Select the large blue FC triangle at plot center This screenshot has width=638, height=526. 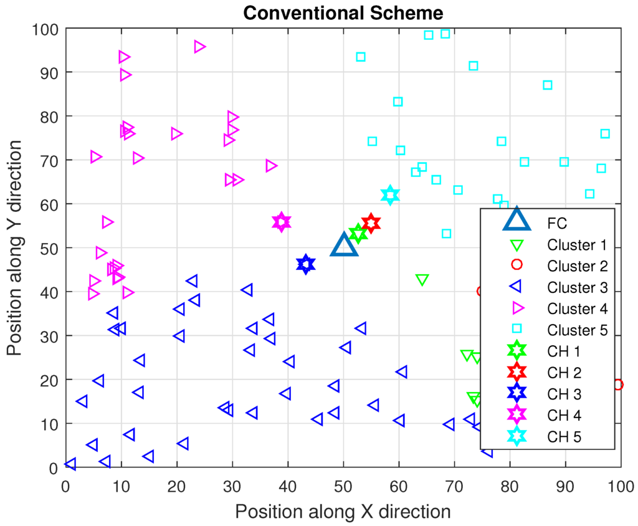tap(343, 245)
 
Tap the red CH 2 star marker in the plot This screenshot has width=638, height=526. tap(371, 223)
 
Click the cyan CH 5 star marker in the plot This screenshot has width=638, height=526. tap(390, 195)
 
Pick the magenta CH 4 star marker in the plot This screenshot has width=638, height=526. tap(282, 221)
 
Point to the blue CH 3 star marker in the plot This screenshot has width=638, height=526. tap(305, 264)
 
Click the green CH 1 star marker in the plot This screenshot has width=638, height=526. tap(358, 234)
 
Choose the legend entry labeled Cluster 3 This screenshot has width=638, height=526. tap(576, 288)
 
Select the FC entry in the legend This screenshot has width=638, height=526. tap(556, 222)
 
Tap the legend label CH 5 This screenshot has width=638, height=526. tap(564, 436)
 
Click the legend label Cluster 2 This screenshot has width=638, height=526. tap(576, 266)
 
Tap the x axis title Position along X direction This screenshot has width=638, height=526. tap(343, 512)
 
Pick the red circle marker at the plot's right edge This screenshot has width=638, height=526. tap(617, 385)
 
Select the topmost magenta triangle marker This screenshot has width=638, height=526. tap(199, 47)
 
